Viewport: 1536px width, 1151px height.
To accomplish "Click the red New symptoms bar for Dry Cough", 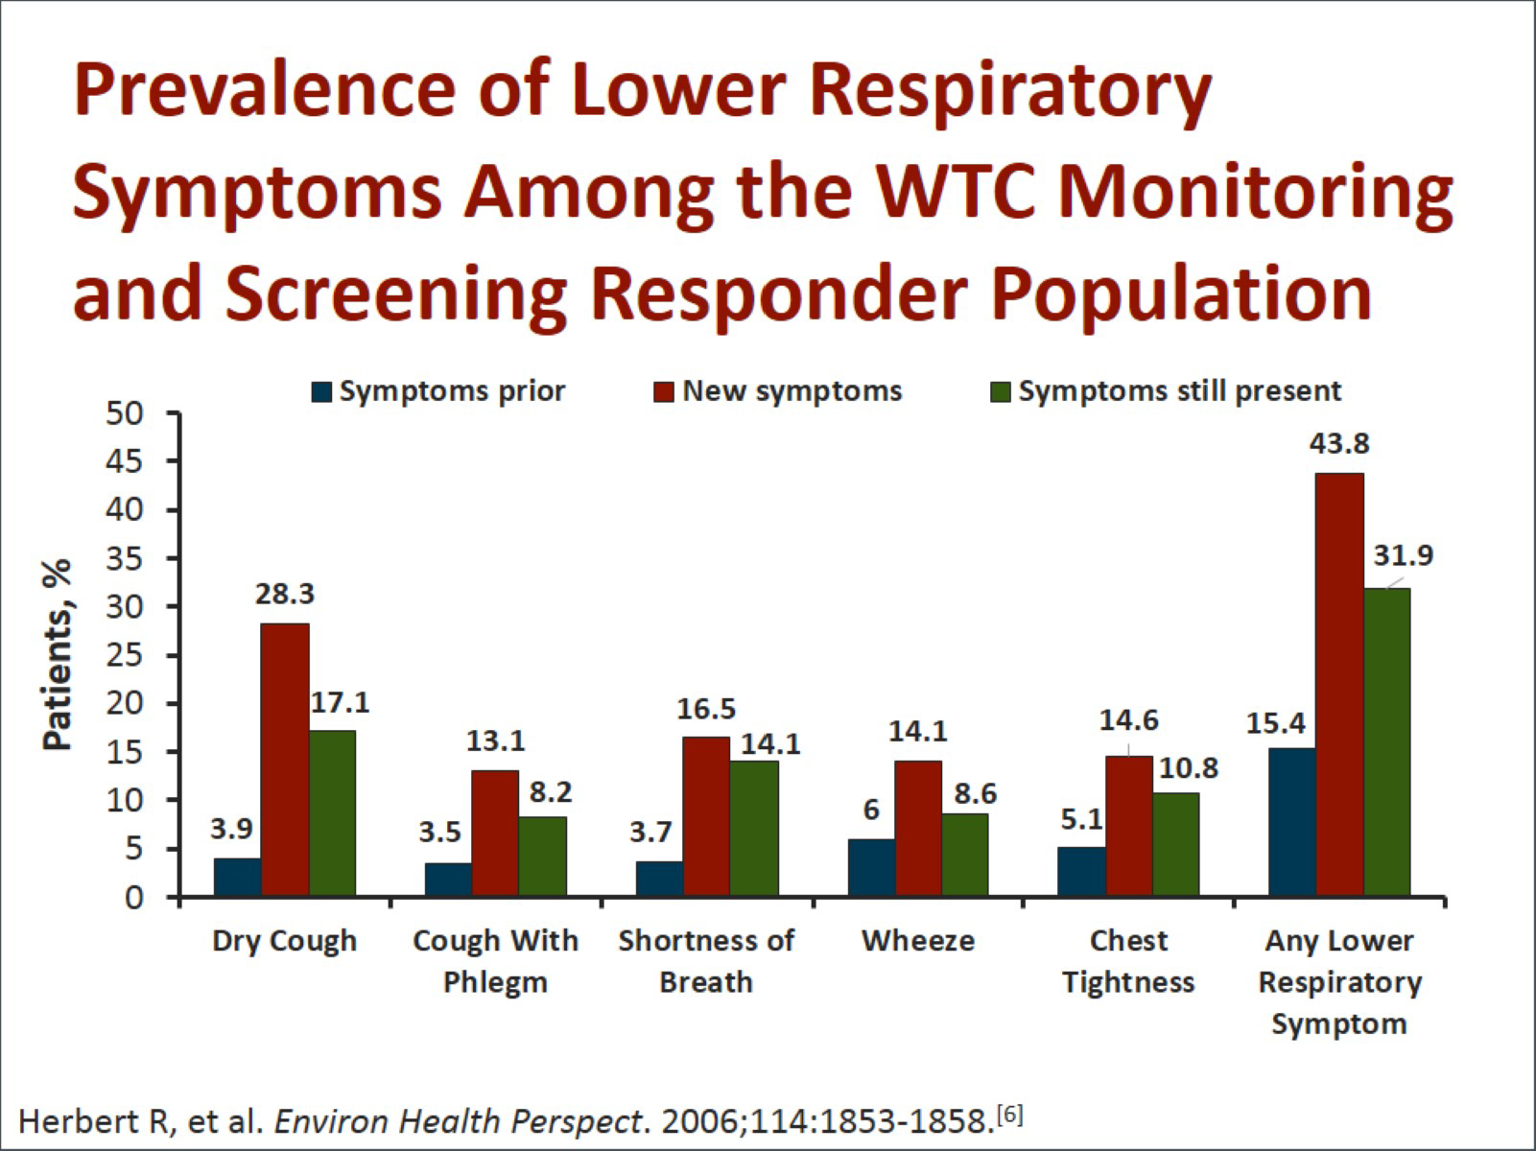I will pos(285,760).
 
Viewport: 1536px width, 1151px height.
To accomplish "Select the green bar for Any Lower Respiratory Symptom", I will pos(1387,742).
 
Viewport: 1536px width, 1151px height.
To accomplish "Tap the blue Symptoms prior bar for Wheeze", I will pos(871,868).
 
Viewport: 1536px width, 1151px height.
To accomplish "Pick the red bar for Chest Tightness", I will pos(1129,826).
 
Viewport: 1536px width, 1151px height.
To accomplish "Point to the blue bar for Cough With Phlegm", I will pos(448,880).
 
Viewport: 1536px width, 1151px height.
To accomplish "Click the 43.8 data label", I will pos(1340,444).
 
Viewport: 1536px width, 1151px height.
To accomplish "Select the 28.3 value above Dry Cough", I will pos(285,595).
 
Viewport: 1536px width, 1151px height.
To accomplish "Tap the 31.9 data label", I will pos(1404,555).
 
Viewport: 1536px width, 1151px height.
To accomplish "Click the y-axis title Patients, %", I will pos(58,655).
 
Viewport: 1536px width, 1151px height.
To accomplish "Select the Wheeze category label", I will pos(918,941).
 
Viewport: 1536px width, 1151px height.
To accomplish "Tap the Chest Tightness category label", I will pos(1128,961).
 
